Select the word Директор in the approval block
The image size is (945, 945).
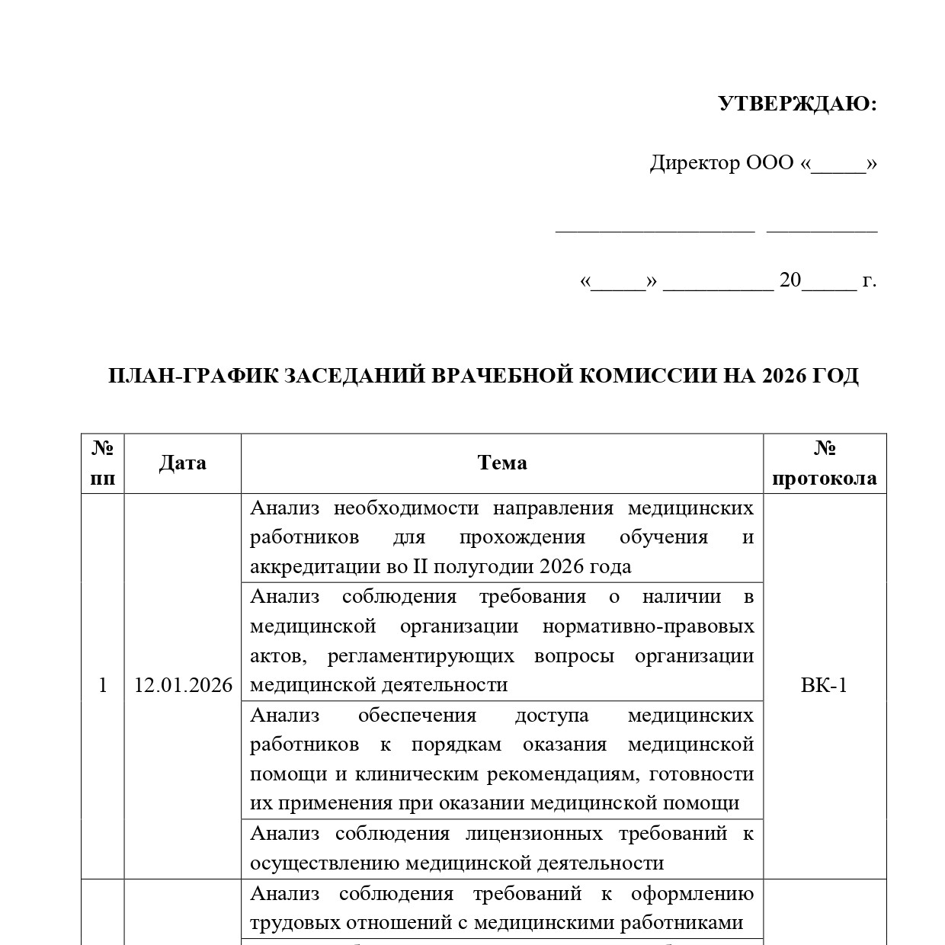pyautogui.click(x=694, y=163)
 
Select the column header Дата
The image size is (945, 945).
pyautogui.click(x=183, y=463)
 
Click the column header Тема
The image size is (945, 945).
pyautogui.click(x=502, y=463)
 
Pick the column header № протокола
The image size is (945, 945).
pyautogui.click(x=825, y=463)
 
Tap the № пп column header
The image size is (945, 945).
pyautogui.click(x=103, y=463)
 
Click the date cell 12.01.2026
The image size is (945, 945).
pyautogui.click(x=183, y=686)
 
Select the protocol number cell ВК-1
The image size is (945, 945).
pyautogui.click(x=824, y=686)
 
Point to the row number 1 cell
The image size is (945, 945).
pyautogui.click(x=103, y=686)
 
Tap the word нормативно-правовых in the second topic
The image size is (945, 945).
pyautogui.click(x=648, y=626)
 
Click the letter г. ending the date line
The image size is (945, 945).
pyautogui.click(x=870, y=280)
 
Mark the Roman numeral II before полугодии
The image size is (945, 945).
pyautogui.click(x=421, y=567)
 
